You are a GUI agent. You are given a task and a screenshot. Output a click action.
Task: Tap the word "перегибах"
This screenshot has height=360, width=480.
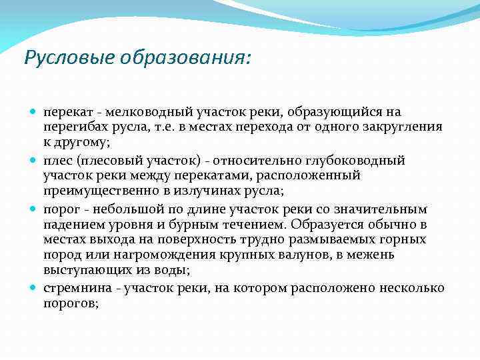pyautogui.click(x=73, y=126)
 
